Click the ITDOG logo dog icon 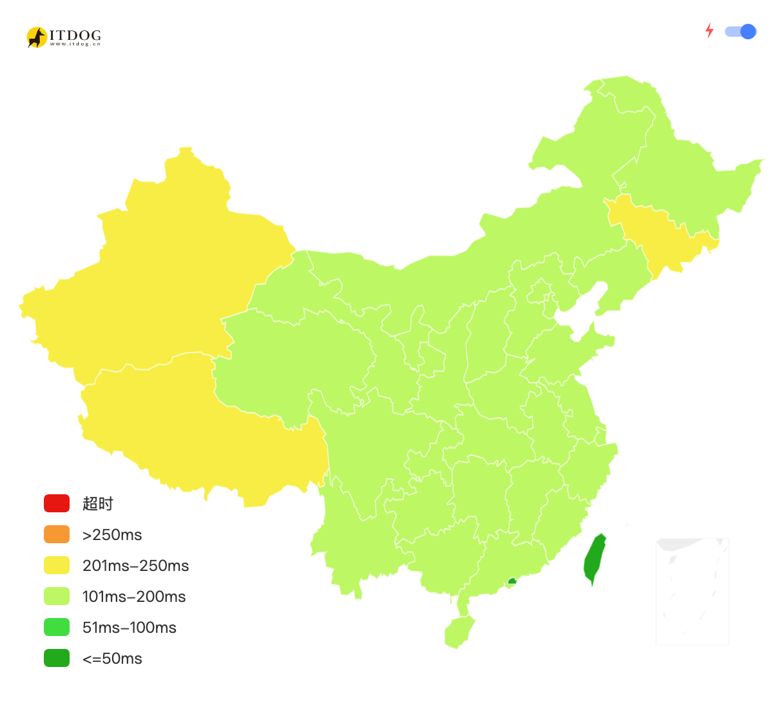click(37, 37)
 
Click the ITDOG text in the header click(75, 35)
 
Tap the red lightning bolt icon click(709, 31)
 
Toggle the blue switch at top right click(741, 32)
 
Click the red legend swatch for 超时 click(57, 503)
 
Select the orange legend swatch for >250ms click(57, 534)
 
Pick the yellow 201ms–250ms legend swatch click(57, 565)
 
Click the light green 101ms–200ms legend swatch click(57, 596)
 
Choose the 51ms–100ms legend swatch click(57, 627)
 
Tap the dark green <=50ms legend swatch click(57, 658)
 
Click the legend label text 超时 click(98, 504)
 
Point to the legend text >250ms click(112, 535)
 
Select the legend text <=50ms click(112, 659)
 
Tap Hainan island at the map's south click(458, 632)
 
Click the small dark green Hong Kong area click(512, 581)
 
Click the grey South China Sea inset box click(692, 592)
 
